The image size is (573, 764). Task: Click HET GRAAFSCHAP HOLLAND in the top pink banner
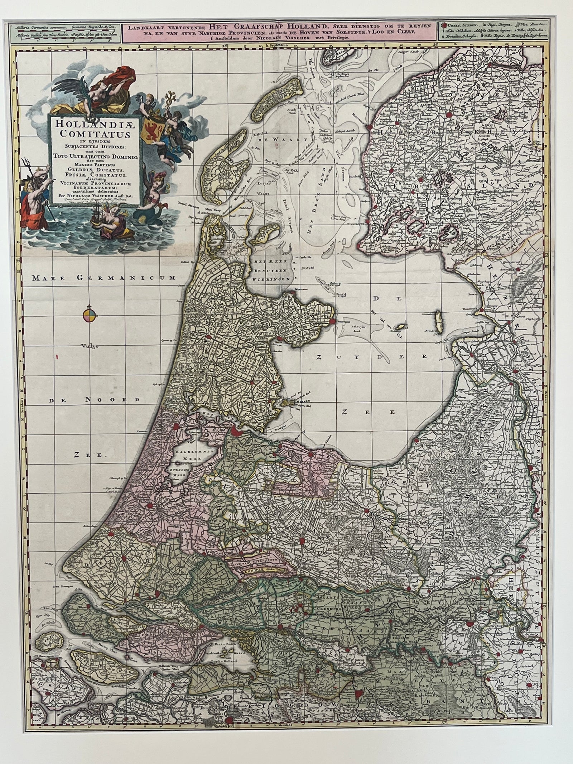click(x=268, y=25)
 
